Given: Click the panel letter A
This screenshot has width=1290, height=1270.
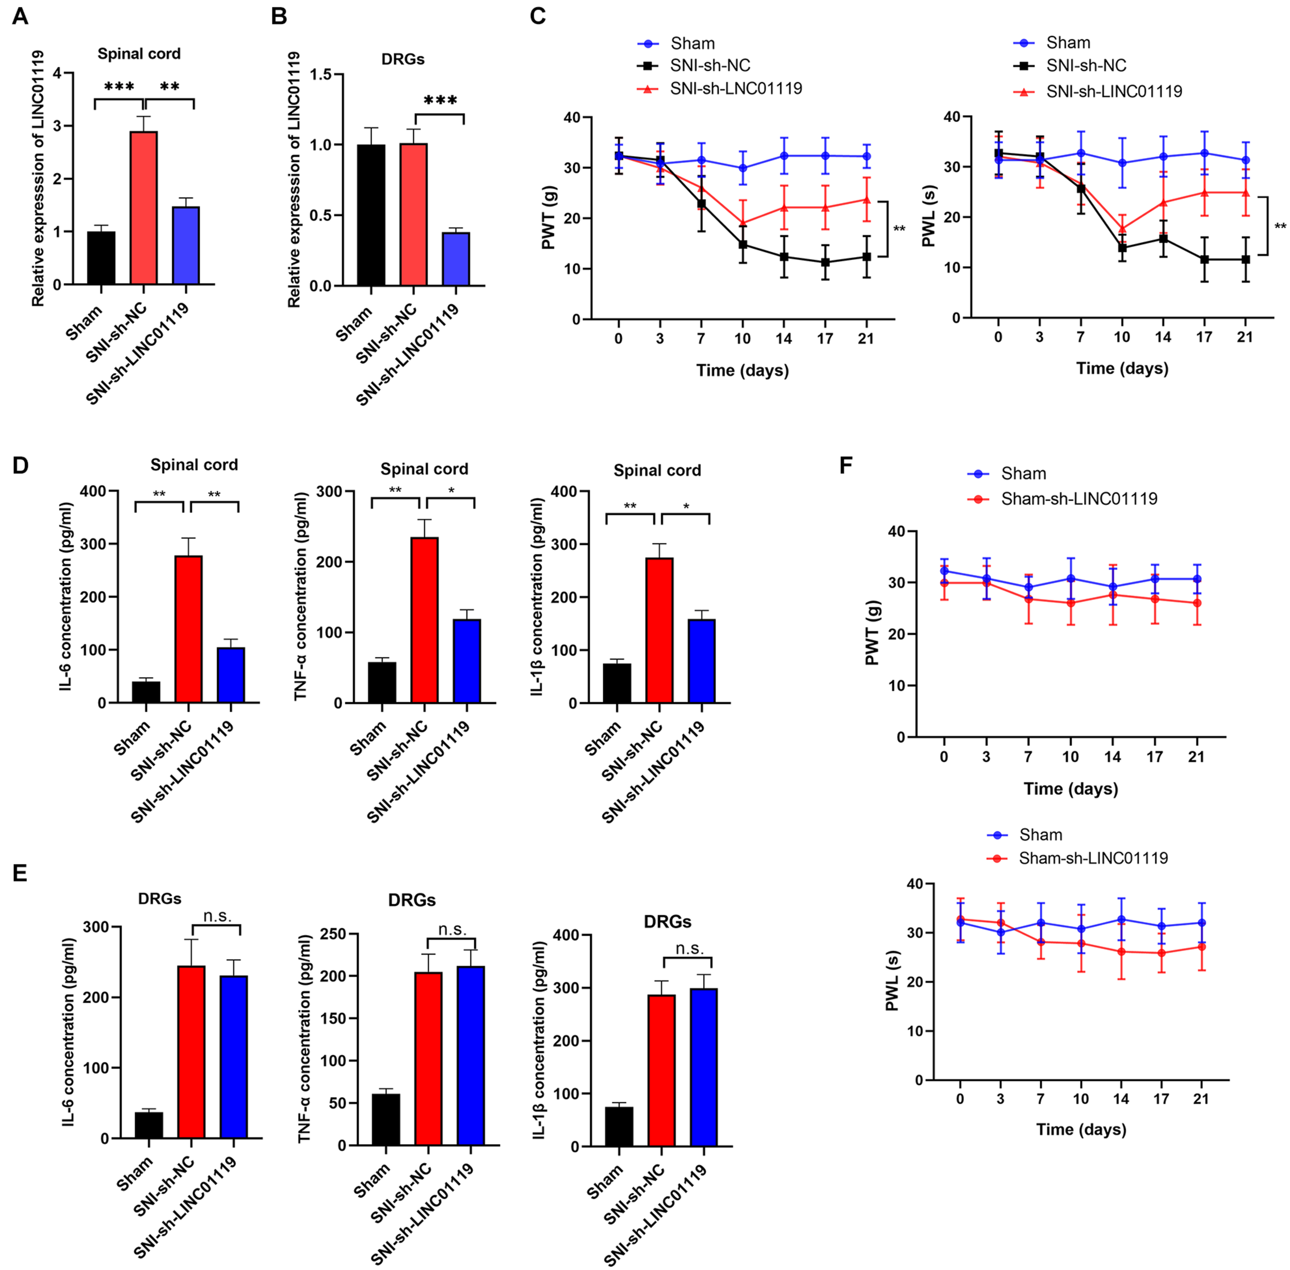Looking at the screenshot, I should point(20,16).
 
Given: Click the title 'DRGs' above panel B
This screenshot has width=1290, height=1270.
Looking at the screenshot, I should point(403,59).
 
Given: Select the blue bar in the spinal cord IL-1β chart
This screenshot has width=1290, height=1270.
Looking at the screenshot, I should point(701,661).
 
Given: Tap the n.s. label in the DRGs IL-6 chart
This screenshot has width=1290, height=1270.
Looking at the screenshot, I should point(217,917).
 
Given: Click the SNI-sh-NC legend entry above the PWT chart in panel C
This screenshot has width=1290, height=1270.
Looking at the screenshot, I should point(709,66).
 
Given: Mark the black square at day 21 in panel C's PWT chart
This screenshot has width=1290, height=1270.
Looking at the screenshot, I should point(866,257).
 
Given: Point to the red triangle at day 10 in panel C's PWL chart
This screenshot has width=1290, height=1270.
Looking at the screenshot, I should point(1122,229).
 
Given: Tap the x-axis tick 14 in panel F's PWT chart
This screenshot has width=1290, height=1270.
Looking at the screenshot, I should point(1112,757).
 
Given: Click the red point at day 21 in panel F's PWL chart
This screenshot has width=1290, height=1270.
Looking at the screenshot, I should point(1201,946).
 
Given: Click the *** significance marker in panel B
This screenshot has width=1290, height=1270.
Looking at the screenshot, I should point(440,101).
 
